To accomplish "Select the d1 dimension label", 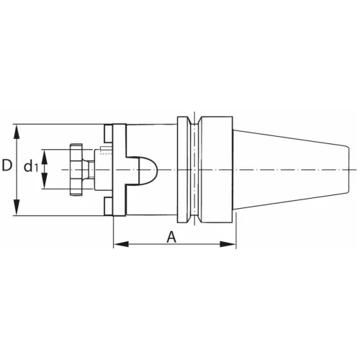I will click(x=30, y=168).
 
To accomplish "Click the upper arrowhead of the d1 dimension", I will click(x=44, y=152).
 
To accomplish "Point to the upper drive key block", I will click(x=108, y=134).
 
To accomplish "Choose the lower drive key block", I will click(x=108, y=206).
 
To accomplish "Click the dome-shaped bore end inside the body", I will click(x=148, y=169).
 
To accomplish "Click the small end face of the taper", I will click(x=337, y=169).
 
